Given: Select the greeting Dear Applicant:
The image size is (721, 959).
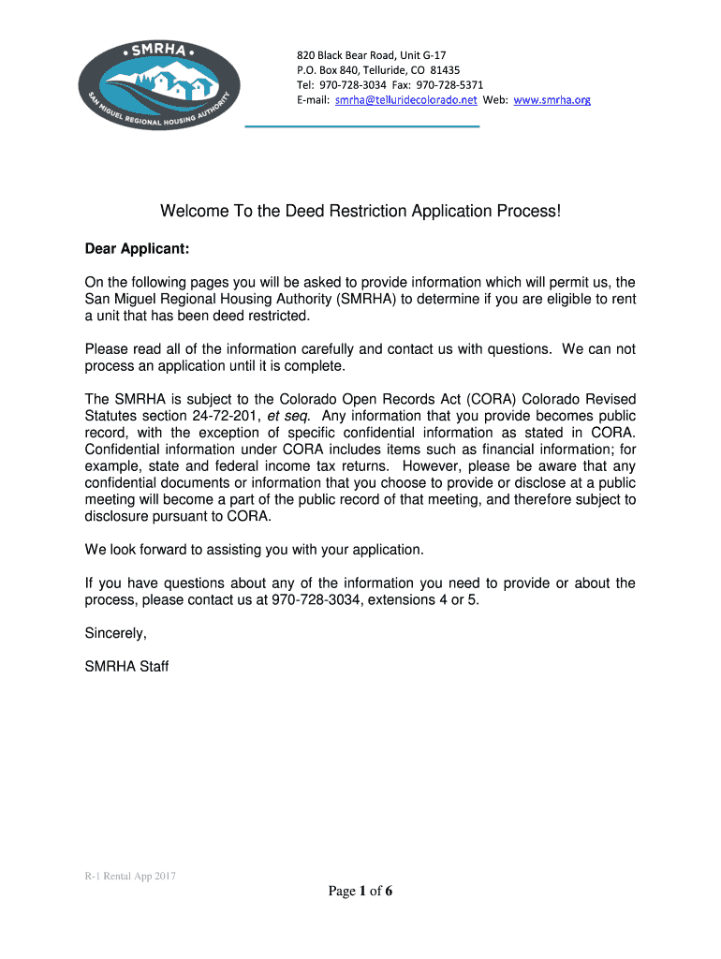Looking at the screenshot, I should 137,249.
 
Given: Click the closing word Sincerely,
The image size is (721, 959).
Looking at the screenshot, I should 116,633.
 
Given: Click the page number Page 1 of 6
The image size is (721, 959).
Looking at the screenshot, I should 360,891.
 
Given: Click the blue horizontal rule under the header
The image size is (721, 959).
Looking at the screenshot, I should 361,125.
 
